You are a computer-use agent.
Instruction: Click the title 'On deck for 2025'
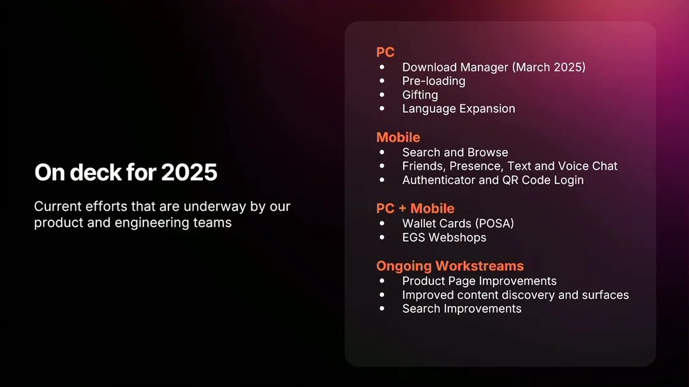pos(126,172)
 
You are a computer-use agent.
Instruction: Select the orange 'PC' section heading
pos(385,52)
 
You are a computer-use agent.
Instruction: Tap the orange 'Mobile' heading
pos(398,137)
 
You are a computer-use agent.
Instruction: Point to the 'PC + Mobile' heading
pos(415,208)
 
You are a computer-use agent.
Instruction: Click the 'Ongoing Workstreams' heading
pos(450,266)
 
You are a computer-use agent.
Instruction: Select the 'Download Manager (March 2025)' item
pos(494,67)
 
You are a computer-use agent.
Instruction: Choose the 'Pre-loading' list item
pos(434,81)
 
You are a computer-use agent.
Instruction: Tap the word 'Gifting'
pos(420,95)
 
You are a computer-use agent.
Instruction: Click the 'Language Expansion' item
pos(459,109)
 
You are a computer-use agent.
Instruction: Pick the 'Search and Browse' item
pos(456,152)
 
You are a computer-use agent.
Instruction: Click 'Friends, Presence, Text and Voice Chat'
pos(510,166)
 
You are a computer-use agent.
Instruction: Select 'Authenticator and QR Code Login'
pos(493,180)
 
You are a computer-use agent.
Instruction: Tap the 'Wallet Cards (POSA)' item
pos(458,224)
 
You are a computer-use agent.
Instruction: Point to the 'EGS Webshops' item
pos(444,238)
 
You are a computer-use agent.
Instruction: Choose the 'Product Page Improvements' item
pos(479,281)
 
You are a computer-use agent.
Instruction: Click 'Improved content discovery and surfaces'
pos(515,295)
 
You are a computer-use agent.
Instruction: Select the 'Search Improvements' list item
pos(462,308)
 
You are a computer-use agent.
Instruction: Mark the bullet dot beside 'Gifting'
pos(382,95)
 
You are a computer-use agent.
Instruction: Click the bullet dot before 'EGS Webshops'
pos(382,237)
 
